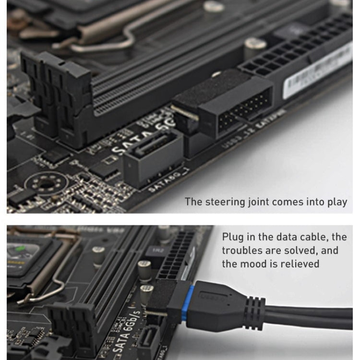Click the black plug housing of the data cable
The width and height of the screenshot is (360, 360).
pyautogui.click(x=216, y=308)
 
